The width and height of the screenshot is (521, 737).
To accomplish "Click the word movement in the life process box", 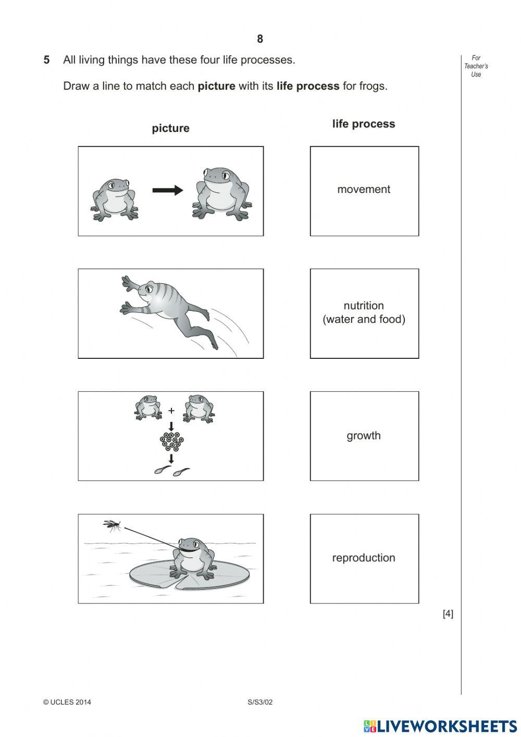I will coord(363,189).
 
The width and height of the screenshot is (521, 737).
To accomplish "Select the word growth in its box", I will coord(363,436).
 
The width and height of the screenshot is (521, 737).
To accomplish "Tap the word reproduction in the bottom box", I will coord(363,558).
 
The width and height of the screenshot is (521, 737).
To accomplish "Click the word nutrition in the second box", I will coord(363,306).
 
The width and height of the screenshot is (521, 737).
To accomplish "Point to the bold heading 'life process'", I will coord(363,124).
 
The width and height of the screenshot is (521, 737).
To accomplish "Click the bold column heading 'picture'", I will coord(170,128).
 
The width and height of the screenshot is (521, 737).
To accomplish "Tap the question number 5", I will coord(47,60).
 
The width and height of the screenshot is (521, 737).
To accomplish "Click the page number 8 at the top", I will coord(260,39).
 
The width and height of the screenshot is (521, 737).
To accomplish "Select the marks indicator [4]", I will coord(448,614).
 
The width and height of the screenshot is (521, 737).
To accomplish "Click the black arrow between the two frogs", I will coord(167,190).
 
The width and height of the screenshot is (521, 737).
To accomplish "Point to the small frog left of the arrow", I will coord(115,199).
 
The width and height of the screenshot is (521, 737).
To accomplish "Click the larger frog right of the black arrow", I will coord(221,193).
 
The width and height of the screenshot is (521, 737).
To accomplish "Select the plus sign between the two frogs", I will coord(171,411).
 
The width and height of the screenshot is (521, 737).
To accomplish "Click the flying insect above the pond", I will coord(112,525).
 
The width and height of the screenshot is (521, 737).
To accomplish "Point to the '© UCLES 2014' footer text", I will coord(67,702).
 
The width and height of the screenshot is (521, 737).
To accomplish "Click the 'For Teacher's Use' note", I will coord(476,66).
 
